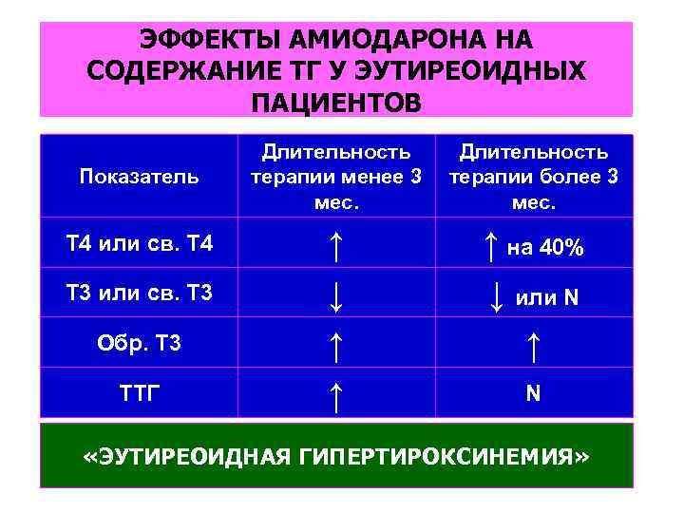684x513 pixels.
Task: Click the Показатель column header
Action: click(x=139, y=176)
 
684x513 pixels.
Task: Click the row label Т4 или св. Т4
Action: click(x=141, y=244)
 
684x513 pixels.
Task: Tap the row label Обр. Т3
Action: click(x=139, y=343)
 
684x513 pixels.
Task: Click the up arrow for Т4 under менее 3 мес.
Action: click(x=335, y=246)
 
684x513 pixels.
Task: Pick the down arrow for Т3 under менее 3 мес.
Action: click(x=335, y=295)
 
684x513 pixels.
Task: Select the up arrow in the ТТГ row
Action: click(x=335, y=392)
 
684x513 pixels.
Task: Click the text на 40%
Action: click(x=545, y=249)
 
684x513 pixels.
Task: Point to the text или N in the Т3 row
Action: click(x=546, y=297)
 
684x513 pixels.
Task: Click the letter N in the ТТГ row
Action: click(x=533, y=393)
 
